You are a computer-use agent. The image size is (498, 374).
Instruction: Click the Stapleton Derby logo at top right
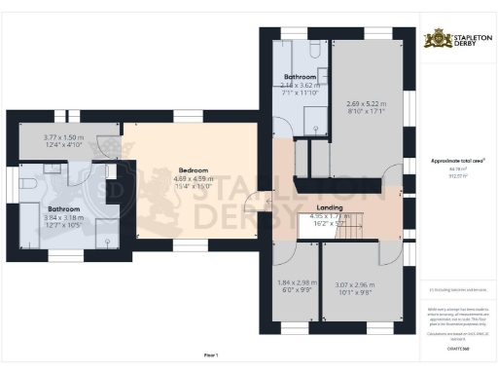coord(454,40)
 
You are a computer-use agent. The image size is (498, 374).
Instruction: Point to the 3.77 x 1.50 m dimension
coord(63,138)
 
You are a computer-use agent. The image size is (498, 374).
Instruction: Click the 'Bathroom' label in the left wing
coord(64,208)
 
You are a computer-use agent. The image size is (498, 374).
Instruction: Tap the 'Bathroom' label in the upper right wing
coord(300,76)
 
